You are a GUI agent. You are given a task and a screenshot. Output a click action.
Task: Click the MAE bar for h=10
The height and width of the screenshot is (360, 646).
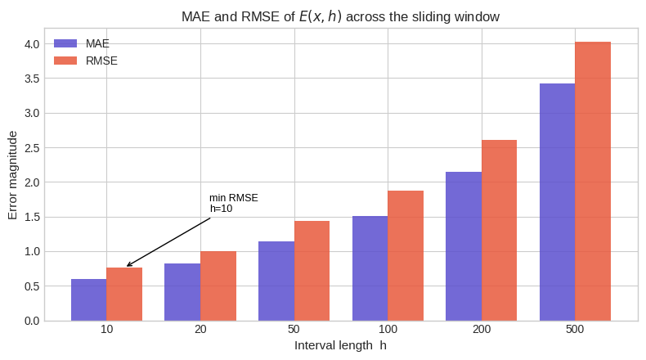click(x=88, y=299)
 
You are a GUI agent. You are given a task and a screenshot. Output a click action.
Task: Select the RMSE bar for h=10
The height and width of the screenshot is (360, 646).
click(x=124, y=294)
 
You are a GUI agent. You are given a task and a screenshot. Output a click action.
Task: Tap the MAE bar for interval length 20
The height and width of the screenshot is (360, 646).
click(x=182, y=291)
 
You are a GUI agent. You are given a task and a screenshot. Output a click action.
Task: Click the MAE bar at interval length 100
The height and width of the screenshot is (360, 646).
click(x=370, y=268)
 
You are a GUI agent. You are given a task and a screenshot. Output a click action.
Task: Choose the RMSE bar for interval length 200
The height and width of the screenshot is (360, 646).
click(x=499, y=230)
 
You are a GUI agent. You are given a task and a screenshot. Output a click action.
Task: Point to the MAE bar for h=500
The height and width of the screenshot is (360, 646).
click(x=557, y=202)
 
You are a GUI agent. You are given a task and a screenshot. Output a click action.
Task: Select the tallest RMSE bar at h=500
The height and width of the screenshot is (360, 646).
click(x=593, y=181)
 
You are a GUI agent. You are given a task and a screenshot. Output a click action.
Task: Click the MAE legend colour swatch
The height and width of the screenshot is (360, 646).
click(x=65, y=43)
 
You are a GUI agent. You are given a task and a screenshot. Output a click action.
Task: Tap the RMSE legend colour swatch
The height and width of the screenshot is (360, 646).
click(x=65, y=61)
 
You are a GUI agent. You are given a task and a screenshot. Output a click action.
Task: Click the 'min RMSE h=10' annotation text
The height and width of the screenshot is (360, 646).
click(x=233, y=203)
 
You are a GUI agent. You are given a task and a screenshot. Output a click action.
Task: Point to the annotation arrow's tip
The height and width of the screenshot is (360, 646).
click(x=127, y=266)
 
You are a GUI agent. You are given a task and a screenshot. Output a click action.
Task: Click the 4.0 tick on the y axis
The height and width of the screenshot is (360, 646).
click(x=32, y=44)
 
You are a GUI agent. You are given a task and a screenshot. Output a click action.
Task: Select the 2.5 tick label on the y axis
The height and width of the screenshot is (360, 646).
click(x=32, y=148)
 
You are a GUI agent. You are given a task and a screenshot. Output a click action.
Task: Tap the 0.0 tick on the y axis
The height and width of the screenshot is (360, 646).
click(x=32, y=321)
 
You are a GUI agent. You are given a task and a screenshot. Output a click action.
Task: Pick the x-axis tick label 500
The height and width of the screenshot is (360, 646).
click(x=575, y=329)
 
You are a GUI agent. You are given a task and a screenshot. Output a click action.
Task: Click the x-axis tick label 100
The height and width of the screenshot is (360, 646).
click(x=388, y=329)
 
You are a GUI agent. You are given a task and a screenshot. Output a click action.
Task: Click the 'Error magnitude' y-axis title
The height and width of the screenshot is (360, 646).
click(x=12, y=174)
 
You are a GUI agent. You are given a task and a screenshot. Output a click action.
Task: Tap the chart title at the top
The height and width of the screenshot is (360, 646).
click(x=339, y=16)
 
